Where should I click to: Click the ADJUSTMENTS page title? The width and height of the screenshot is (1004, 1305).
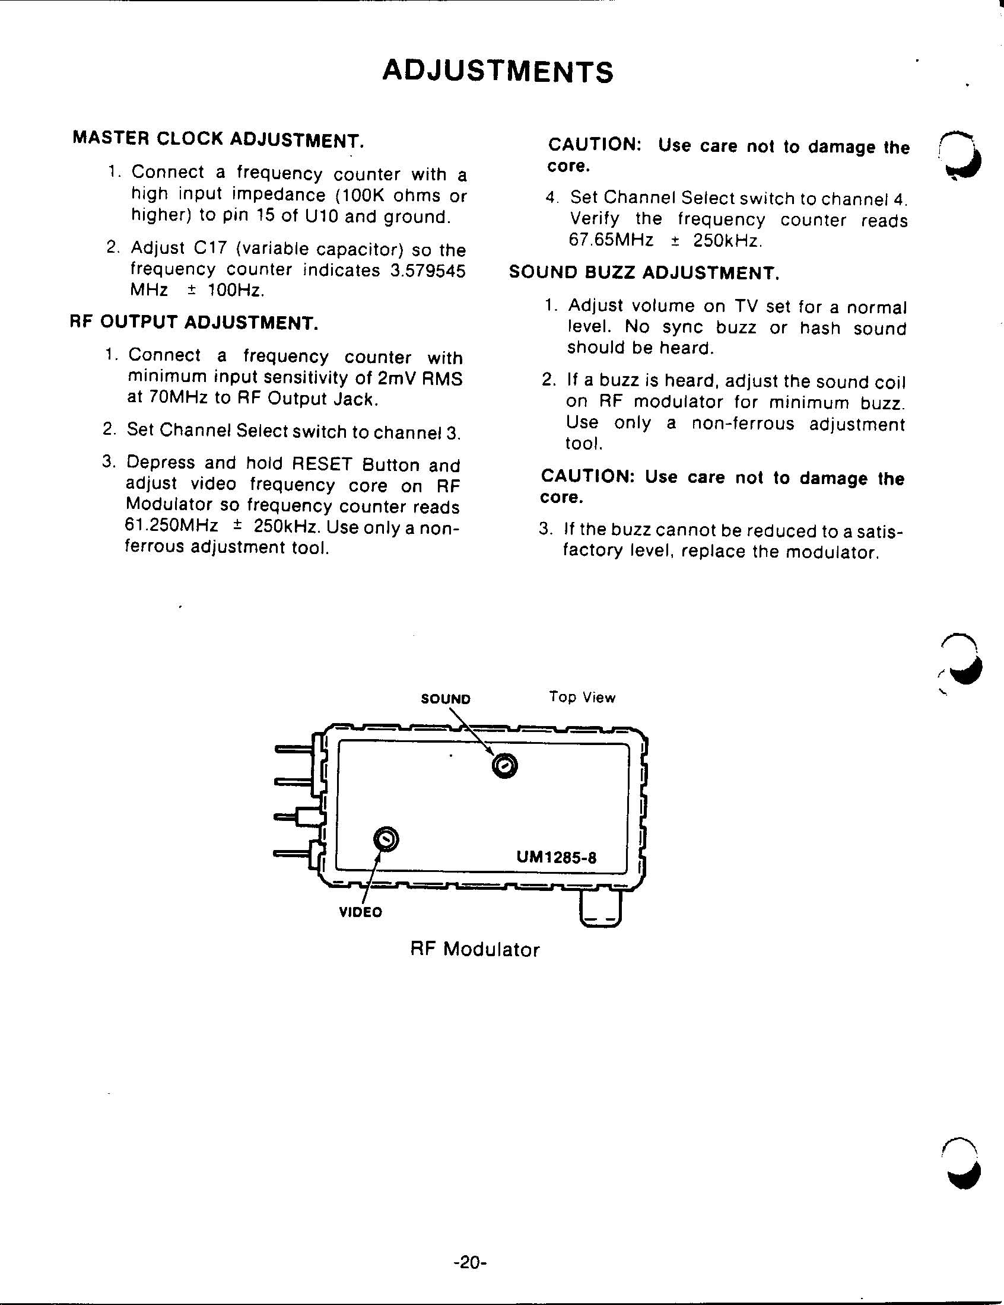[x=497, y=72]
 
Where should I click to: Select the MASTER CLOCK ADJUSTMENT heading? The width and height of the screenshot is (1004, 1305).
[x=218, y=139]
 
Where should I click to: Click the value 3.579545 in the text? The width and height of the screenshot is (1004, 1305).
[x=427, y=270]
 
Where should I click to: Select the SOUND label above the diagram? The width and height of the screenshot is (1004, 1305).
[x=446, y=699]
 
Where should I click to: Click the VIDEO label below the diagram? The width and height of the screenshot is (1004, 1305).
[x=360, y=912]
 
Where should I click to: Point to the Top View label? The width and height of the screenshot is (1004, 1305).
[x=582, y=698]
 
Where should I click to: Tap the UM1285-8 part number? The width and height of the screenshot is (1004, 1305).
[x=557, y=858]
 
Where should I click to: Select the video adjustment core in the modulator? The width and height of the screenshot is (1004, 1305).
[x=386, y=840]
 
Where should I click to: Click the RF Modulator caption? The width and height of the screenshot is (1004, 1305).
[x=475, y=950]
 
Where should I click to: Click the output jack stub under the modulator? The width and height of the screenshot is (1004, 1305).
[x=601, y=909]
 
